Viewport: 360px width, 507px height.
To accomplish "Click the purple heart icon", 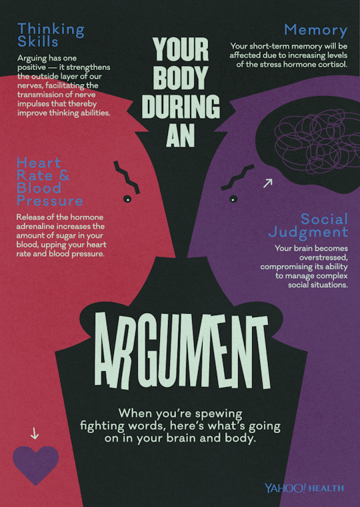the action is point(35,464).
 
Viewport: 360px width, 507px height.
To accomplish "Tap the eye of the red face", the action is point(127,199).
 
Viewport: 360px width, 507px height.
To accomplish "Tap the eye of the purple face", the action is point(233,199).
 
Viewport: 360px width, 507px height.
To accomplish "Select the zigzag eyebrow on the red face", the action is point(127,177).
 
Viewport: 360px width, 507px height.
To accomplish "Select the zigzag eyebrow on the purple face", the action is point(238,177).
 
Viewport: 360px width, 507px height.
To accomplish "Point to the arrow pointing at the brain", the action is point(268,183).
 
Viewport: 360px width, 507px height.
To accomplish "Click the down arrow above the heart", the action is point(35,433).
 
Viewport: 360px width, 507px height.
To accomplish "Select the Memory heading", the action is point(316,31).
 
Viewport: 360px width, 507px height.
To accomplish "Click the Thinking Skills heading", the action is point(51,35).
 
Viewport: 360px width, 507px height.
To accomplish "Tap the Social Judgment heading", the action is point(308,226).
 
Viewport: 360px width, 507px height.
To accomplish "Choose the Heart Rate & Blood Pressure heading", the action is point(49,181).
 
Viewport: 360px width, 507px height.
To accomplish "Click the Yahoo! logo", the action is point(285,488).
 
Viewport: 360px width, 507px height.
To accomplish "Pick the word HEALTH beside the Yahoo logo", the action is point(327,488).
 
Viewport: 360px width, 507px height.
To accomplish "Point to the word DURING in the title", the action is point(181,107).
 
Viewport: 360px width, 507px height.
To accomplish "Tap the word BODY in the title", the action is point(181,78).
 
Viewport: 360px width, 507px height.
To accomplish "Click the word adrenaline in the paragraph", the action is point(35,227).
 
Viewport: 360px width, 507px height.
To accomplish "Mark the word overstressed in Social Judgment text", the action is point(323,258).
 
